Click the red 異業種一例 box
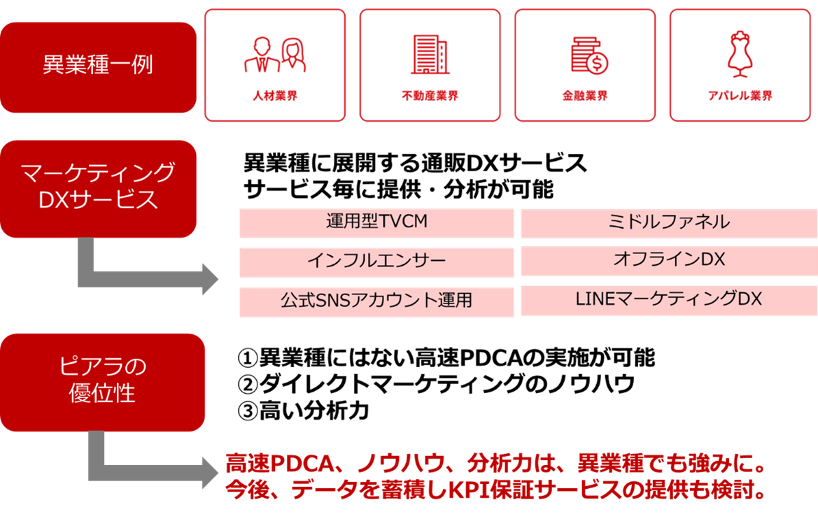point(98,67)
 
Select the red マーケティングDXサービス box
point(98,187)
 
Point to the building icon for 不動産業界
point(430,54)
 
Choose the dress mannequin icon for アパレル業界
point(740,53)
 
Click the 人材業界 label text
point(275,96)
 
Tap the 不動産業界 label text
point(430,96)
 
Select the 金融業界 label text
point(585,96)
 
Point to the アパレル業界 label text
point(740,96)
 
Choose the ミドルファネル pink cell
point(669,222)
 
